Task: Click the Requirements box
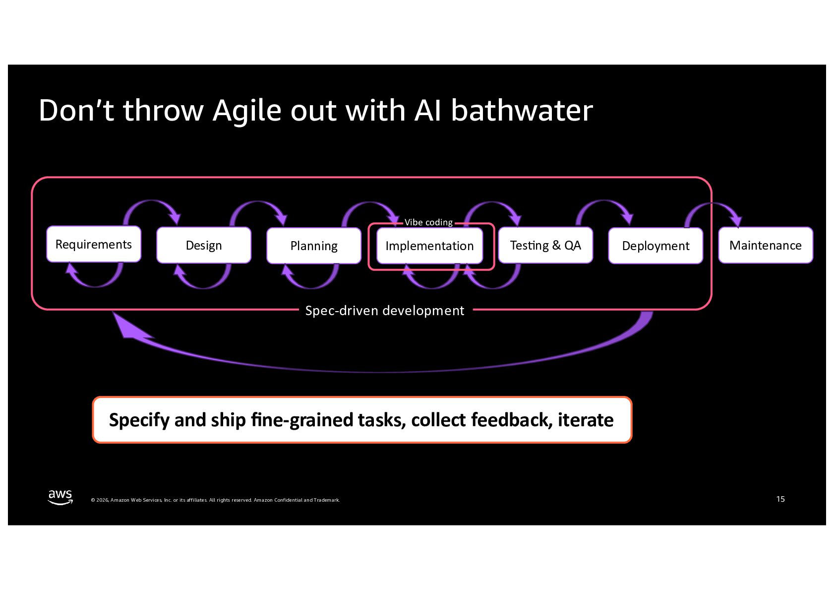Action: [94, 244]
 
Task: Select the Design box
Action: [204, 245]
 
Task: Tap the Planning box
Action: [314, 246]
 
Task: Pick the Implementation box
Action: [429, 246]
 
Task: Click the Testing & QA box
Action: [545, 245]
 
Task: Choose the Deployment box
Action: [656, 246]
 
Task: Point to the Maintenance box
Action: [766, 245]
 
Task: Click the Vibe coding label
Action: [428, 222]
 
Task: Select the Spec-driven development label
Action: [385, 311]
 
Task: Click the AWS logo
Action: [60, 497]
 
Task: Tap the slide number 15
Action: [780, 499]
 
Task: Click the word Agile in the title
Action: [247, 110]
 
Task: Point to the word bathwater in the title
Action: [522, 110]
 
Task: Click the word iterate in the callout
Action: [586, 420]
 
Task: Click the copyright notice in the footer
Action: [215, 500]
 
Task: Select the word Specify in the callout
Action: [139, 420]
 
